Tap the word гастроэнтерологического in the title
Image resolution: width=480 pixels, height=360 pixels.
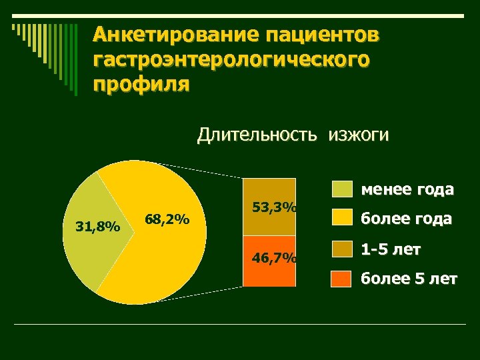pyautogui.click(x=231, y=60)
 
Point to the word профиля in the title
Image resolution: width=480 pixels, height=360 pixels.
pyautogui.click(x=141, y=85)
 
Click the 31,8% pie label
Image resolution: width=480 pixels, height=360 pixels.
pyautogui.click(x=97, y=227)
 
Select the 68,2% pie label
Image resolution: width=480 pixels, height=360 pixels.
pyautogui.click(x=167, y=219)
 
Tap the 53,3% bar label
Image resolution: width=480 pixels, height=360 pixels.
pyautogui.click(x=275, y=207)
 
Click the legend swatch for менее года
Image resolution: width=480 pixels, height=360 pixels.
pyautogui.click(x=341, y=189)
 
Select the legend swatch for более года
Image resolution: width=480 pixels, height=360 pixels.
pyautogui.click(x=341, y=218)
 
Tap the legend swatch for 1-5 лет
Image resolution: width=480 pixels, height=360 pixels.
pyautogui.click(x=341, y=249)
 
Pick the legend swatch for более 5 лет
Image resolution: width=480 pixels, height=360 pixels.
pyautogui.click(x=341, y=278)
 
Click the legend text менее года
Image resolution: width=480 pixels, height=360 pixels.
pyautogui.click(x=407, y=189)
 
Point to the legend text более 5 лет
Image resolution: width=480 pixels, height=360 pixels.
pyautogui.click(x=409, y=279)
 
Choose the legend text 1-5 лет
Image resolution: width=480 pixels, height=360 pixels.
pyautogui.click(x=391, y=249)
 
